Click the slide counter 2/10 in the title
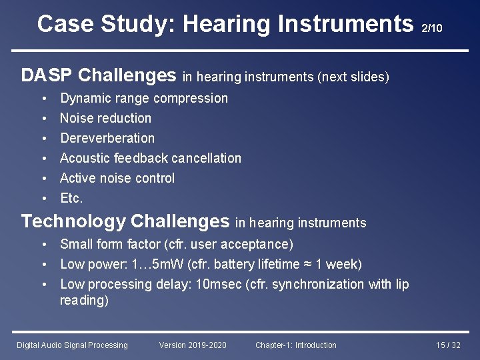coord(432,28)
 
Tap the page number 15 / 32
coord(448,345)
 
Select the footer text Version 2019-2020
coord(193,345)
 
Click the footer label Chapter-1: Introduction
coord(295,345)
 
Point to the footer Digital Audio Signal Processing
coord(72,345)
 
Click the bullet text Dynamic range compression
coord(144,98)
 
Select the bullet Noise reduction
coord(105,118)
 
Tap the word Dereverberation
coord(107,138)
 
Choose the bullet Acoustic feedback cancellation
coord(151,158)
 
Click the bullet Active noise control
coord(117,178)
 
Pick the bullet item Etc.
coord(71,198)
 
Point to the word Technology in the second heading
coord(73,221)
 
